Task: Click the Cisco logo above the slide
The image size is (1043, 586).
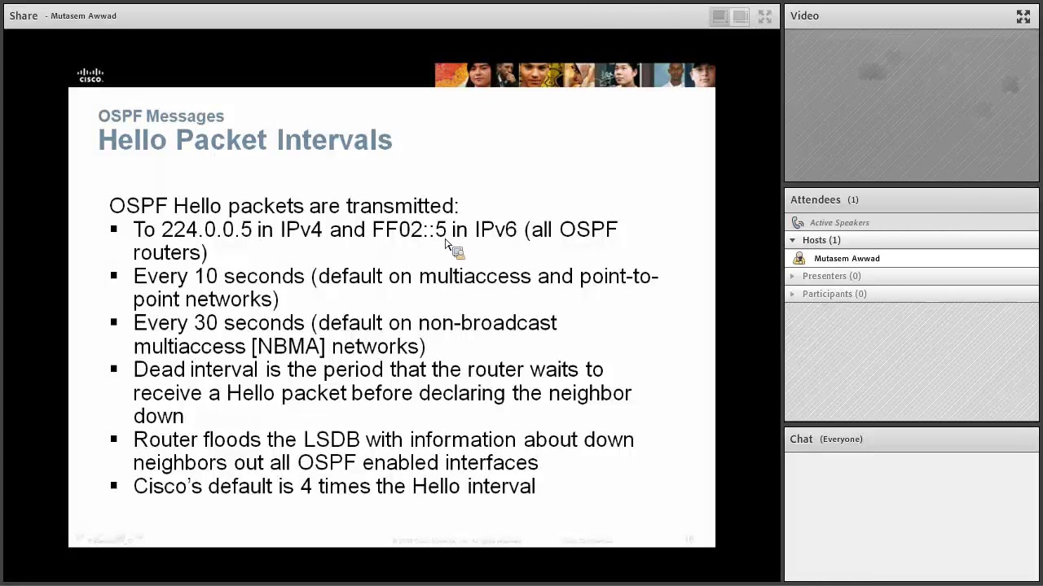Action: [90, 75]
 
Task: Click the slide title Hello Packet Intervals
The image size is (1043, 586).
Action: [244, 140]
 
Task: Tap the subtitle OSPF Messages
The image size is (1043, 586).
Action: [161, 116]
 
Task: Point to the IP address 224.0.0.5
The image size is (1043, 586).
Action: [206, 230]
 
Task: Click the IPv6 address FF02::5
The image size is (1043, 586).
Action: [409, 230]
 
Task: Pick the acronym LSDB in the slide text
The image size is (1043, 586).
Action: [331, 439]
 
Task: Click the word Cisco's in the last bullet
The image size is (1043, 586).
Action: [167, 486]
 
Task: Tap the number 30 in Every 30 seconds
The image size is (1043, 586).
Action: [205, 323]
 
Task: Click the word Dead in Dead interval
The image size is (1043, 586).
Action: [159, 370]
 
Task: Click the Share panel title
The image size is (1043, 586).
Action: [24, 15]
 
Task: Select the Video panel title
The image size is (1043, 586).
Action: [804, 15]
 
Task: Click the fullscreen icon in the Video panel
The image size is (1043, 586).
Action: [1023, 16]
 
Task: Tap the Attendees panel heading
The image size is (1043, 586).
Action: [815, 199]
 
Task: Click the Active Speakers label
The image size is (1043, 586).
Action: [838, 222]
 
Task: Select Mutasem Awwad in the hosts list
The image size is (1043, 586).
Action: [847, 258]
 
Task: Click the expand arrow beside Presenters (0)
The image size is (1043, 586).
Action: [792, 276]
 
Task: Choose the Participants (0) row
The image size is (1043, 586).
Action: [834, 294]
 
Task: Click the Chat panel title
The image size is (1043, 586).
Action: [801, 439]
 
